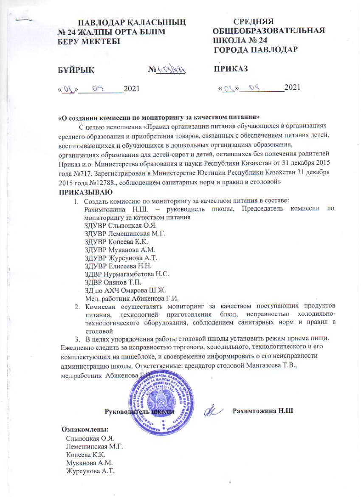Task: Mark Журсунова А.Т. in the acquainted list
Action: pos(90,471)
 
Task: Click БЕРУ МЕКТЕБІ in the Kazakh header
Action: pos(89,41)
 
